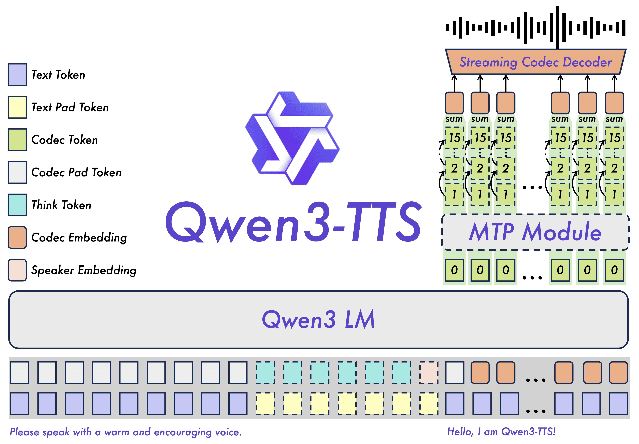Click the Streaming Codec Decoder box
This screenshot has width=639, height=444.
pos(535,62)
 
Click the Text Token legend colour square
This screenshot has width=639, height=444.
pos(17,75)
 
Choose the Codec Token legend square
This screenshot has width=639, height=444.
pos(17,140)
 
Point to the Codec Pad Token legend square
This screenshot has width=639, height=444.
pos(17,172)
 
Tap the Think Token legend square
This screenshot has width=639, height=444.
pos(17,205)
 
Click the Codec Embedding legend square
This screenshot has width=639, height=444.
pos(17,237)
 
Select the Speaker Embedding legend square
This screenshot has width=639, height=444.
pos(17,270)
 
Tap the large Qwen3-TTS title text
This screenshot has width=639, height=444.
pos(293,223)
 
